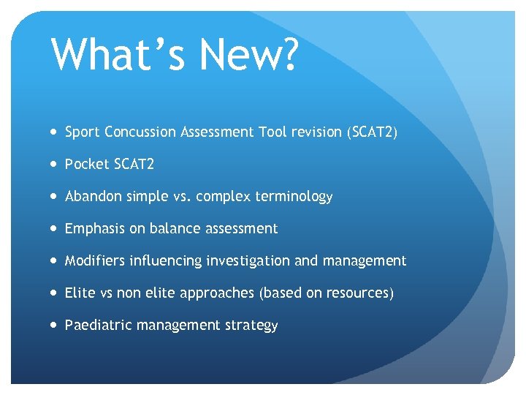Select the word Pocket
pos(85,165)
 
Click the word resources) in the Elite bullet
pos(363,293)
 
